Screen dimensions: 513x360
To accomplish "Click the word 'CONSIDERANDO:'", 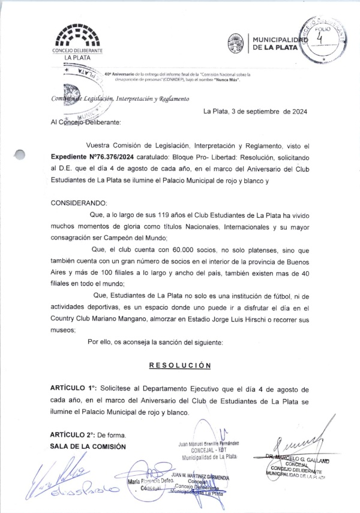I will click(x=79, y=203).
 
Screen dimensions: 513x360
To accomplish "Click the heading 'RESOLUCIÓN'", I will click(x=179, y=365).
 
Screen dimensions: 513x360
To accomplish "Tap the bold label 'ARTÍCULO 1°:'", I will click(x=74, y=389).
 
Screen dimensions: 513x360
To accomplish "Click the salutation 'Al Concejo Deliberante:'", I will click(x=86, y=122).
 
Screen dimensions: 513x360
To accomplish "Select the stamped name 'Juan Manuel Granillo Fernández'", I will click(x=208, y=444).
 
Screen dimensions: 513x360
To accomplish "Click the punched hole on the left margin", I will click(x=20, y=155).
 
